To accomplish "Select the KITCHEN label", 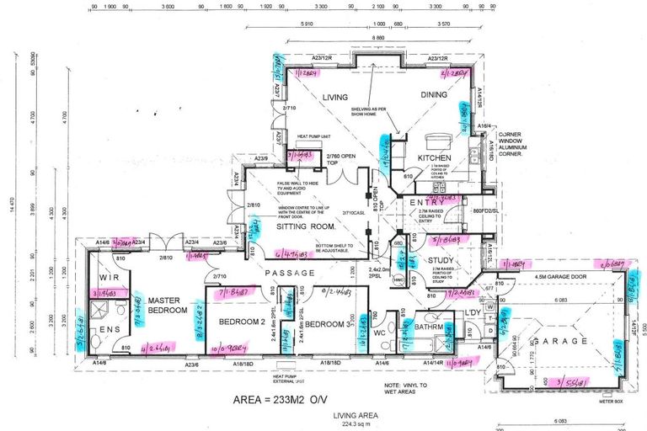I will pos(434,158).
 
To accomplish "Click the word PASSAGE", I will pos(291,274).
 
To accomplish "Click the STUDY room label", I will pos(439,261).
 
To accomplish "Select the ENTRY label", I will pos(428,203).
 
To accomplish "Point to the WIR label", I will pos(109,276).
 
